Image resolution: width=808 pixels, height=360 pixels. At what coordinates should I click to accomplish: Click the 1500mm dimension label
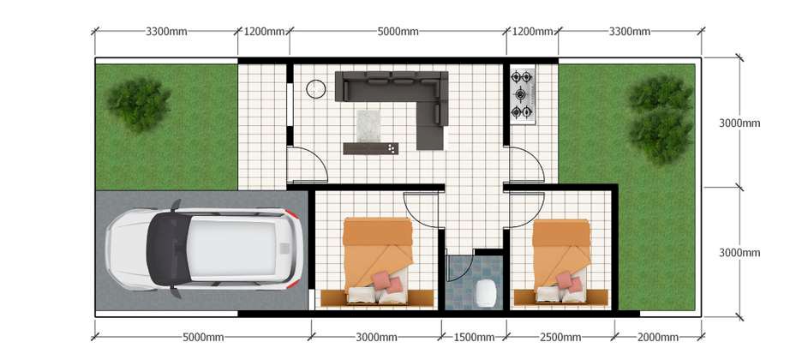click(474, 338)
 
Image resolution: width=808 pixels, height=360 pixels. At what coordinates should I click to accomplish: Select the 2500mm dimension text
click(560, 338)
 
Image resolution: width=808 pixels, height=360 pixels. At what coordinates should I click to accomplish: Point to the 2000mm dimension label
click(657, 338)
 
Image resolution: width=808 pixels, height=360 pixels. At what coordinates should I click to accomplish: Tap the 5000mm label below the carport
click(203, 338)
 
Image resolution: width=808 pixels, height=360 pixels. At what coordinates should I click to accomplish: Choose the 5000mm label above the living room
click(398, 32)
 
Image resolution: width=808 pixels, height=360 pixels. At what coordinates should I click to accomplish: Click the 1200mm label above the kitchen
click(532, 32)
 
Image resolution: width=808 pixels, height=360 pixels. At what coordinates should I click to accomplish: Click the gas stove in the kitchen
click(523, 95)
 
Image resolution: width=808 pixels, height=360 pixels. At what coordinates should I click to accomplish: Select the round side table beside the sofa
click(316, 89)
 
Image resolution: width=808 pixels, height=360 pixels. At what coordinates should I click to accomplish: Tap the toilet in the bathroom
click(486, 293)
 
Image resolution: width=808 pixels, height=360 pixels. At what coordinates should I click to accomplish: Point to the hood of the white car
click(129, 249)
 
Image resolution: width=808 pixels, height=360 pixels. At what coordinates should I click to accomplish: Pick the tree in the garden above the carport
click(138, 104)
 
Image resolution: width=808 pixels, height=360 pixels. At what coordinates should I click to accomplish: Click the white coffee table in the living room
click(368, 125)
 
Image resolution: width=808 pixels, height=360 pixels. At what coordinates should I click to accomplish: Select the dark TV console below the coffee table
click(370, 148)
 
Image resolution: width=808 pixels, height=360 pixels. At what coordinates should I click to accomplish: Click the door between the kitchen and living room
click(525, 165)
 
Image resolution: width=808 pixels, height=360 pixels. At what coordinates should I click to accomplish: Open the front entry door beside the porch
click(307, 165)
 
